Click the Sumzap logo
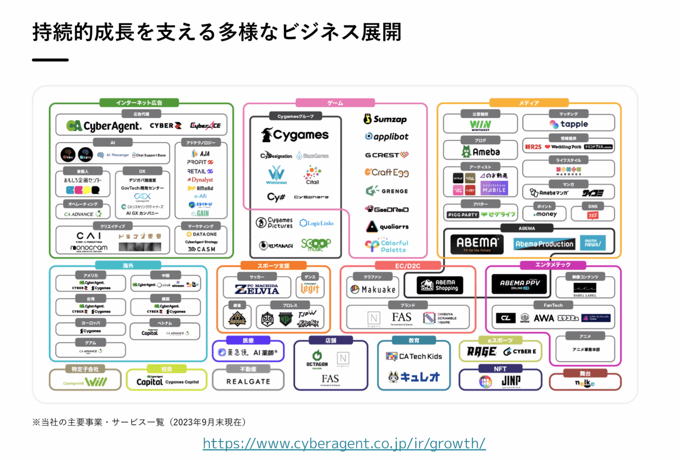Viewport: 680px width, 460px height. [385, 119]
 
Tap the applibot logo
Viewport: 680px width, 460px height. [387, 137]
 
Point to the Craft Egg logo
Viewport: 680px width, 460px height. [387, 172]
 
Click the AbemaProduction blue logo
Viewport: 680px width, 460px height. [544, 244]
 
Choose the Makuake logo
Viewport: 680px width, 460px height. [373, 290]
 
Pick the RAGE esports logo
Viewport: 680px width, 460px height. [481, 352]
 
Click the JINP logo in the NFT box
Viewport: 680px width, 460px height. [511, 381]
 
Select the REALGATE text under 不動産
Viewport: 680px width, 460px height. [248, 382]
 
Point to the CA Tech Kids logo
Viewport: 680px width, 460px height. [414, 357]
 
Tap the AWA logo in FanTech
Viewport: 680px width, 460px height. [544, 318]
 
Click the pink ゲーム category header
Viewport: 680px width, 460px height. [335, 103]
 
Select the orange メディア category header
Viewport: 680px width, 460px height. [528, 103]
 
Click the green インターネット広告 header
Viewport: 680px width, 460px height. [139, 103]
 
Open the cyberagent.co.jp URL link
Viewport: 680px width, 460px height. [344, 444]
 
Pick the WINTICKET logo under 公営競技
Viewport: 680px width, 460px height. [480, 126]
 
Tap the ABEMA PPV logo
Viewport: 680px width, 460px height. [519, 284]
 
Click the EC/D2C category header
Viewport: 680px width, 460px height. [408, 266]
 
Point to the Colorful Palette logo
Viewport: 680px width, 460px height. [387, 246]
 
